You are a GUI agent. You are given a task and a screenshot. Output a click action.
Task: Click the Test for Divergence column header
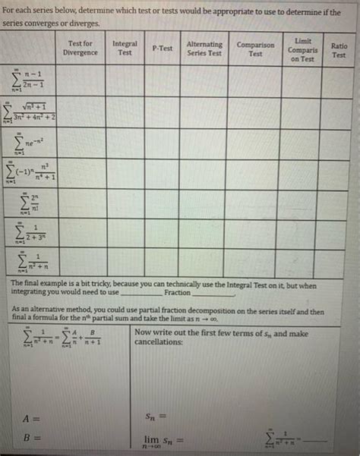tap(80, 48)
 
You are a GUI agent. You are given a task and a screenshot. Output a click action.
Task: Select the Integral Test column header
tap(125, 48)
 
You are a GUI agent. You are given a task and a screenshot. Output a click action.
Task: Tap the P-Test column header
tap(162, 48)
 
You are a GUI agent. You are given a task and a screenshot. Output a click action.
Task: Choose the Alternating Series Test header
tap(204, 48)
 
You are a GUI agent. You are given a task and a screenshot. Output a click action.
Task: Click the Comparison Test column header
tap(255, 49)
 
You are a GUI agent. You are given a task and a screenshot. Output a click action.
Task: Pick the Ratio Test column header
tap(339, 50)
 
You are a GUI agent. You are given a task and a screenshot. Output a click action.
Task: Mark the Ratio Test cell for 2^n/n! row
tap(339, 205)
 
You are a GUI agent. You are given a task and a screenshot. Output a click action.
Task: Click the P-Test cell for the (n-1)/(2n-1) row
tap(162, 82)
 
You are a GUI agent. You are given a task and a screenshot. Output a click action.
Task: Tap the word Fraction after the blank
tap(178, 292)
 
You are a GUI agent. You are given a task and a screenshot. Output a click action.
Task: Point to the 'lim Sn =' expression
tap(164, 441)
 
